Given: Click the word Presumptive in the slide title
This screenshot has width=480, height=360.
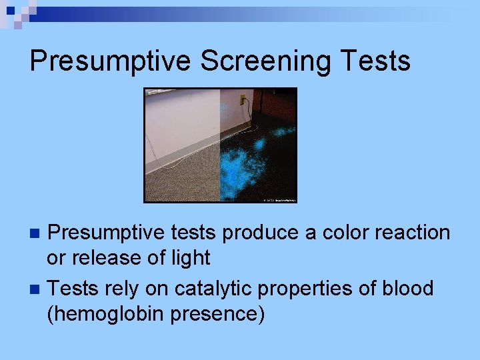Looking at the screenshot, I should (x=110, y=61).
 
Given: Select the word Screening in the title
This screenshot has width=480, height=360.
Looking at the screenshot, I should (x=265, y=61).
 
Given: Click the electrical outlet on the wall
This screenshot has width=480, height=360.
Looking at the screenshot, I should (x=243, y=101).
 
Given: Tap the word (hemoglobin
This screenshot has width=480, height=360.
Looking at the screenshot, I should (x=106, y=313).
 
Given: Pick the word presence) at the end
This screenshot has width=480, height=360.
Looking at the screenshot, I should (x=219, y=313).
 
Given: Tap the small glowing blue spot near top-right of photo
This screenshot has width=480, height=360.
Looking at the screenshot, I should (x=283, y=132).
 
